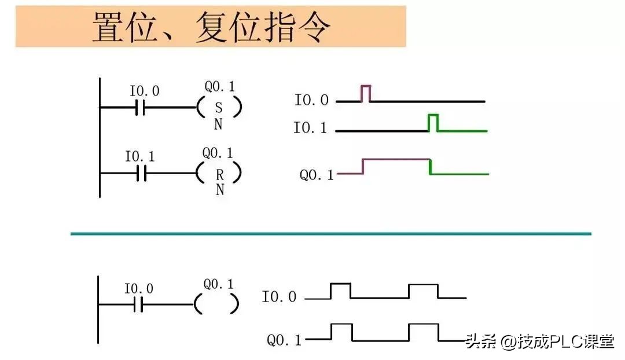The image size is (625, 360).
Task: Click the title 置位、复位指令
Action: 211,27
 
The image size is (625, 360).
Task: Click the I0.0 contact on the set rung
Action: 140,108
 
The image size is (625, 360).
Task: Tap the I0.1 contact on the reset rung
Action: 141,173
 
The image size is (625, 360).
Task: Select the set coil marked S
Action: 218,108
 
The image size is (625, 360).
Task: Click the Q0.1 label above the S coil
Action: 220,87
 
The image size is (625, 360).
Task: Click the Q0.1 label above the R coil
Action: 218,153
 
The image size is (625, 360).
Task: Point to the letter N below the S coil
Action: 218,124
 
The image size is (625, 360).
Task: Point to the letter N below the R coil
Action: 220,190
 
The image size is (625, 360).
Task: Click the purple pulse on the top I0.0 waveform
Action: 366,93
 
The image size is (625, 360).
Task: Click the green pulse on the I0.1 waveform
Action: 433,122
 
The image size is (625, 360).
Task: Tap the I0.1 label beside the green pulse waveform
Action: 310,128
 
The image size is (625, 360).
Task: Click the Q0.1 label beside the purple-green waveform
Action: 317,174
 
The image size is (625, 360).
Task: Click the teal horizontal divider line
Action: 330,234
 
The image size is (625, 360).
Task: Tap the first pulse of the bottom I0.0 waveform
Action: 340,291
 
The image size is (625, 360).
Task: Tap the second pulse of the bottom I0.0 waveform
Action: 423,291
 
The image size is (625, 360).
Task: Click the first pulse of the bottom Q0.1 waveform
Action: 342,332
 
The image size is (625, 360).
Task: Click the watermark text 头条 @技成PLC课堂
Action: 539,341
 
